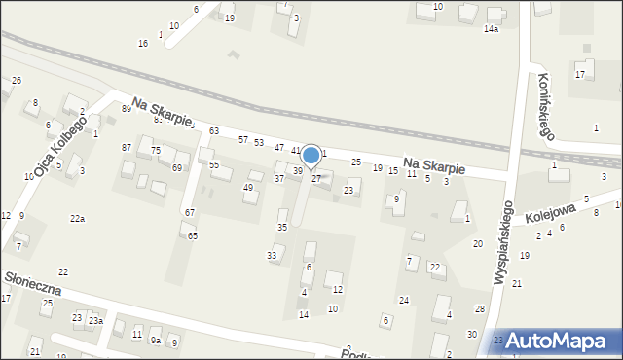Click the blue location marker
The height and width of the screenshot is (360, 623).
pos(311,156)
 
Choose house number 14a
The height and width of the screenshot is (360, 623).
pos(491,30)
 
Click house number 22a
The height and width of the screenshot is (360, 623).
pos(77,219)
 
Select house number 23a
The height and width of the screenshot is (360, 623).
pos(95,320)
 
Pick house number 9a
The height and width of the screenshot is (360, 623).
pos(155,341)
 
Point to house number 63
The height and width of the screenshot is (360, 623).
pos(213,131)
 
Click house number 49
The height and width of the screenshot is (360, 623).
pos(248,187)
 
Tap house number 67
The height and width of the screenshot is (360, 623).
pos(190,212)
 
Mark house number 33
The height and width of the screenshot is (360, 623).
pos(272,255)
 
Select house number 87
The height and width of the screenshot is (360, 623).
pos(127,147)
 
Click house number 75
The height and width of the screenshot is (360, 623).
pos(156,151)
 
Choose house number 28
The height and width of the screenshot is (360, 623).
pos(479,308)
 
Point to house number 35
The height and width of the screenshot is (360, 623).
pos(282,227)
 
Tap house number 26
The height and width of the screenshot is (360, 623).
pos(17,80)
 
